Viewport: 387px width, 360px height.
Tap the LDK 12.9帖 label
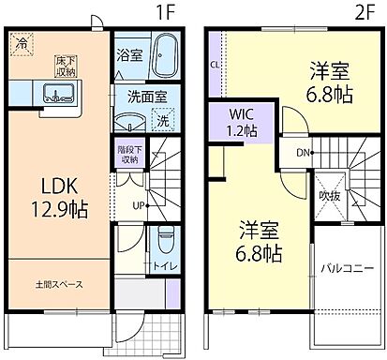(x=60, y=196)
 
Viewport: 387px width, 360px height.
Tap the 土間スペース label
(x=58, y=282)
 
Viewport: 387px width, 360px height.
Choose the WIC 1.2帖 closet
(x=244, y=123)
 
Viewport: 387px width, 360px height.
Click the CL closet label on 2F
(x=216, y=65)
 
